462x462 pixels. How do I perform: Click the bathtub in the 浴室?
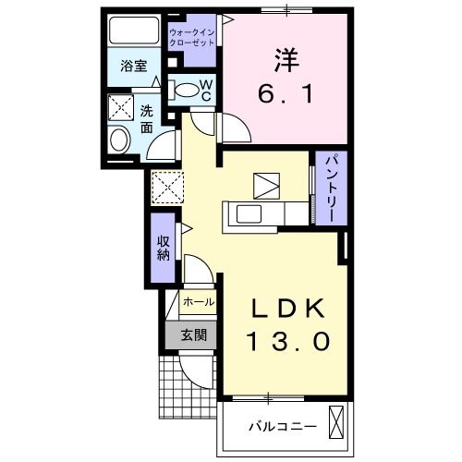tap(134, 30)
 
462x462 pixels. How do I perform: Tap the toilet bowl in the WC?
tap(187, 91)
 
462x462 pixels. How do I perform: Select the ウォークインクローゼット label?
tap(192, 37)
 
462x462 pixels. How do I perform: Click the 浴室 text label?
tap(134, 66)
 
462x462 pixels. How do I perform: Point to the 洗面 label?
tap(147, 119)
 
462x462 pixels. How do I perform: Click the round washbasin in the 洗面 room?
tap(119, 140)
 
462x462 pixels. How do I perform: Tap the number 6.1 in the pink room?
tap(286, 93)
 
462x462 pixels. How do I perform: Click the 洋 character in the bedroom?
tap(286, 60)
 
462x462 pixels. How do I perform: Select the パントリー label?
tap(331, 188)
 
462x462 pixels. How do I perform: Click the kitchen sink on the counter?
tap(249, 213)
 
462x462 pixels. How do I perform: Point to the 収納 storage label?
tap(164, 248)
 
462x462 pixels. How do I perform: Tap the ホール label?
tap(199, 302)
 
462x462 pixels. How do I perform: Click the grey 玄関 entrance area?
tap(191, 335)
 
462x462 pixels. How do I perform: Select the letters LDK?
tap(288, 309)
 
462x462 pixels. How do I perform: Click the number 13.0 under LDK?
tap(289, 341)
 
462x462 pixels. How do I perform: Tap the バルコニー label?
tap(283, 427)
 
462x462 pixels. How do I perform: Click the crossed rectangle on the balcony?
tap(336, 422)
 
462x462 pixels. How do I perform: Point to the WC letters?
tap(206, 91)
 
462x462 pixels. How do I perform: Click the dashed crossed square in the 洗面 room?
tap(121, 107)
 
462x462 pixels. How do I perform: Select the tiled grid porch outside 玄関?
tap(188, 387)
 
